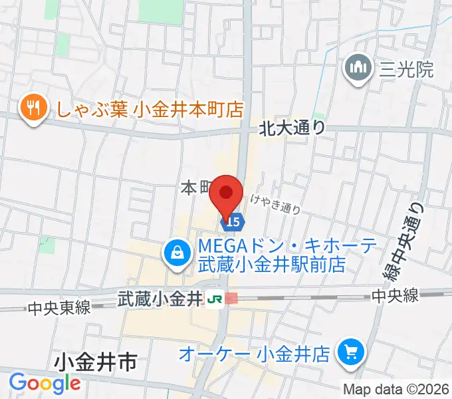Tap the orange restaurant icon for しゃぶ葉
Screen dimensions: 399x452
[x=32, y=108]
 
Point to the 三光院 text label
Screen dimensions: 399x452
[x=406, y=68]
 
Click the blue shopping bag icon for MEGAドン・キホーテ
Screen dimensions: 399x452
[x=177, y=253]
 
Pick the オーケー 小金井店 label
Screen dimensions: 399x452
[x=255, y=353]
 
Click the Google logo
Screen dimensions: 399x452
[x=45, y=384]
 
